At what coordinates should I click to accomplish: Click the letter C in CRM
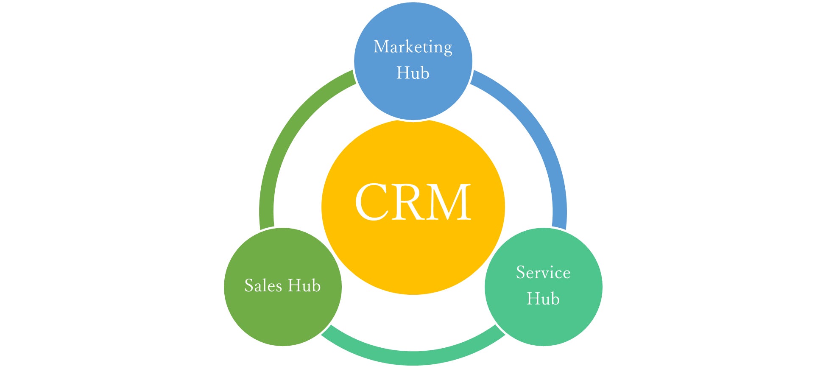click(373, 202)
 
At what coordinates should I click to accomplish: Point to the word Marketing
click(413, 47)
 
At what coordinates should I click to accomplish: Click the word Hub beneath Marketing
click(413, 73)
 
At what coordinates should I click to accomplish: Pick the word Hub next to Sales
click(304, 285)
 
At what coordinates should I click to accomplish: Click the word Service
click(543, 272)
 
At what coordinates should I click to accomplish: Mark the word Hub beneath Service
click(543, 299)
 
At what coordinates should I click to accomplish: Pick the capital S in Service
click(521, 272)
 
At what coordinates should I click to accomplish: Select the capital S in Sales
click(249, 285)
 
